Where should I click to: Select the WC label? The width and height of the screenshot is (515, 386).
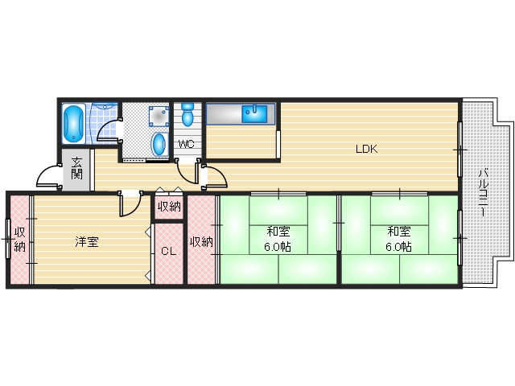186,145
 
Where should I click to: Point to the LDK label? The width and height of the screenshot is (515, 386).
368,148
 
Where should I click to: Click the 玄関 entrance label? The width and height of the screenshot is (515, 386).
76,167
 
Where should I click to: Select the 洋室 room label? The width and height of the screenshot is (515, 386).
87,241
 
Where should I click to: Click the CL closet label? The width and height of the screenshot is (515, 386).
167,251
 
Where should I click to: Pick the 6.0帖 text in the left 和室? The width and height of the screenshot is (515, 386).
280,247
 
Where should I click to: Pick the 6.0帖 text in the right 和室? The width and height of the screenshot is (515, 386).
398,247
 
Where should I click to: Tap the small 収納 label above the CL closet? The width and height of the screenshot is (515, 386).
168,207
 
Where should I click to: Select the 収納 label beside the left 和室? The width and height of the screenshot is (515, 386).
201,241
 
